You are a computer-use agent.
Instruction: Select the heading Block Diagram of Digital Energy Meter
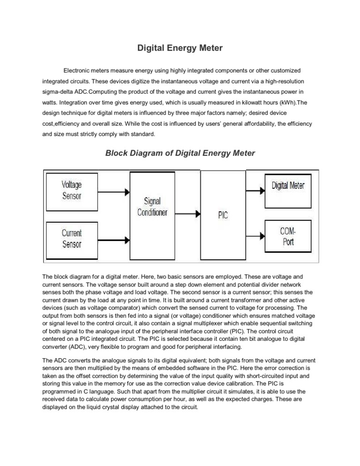pos(180,153)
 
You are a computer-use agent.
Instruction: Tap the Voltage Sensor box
pos(72,191)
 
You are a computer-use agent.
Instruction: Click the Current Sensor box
pos(72,238)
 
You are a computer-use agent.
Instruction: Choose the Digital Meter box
pos(288,185)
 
